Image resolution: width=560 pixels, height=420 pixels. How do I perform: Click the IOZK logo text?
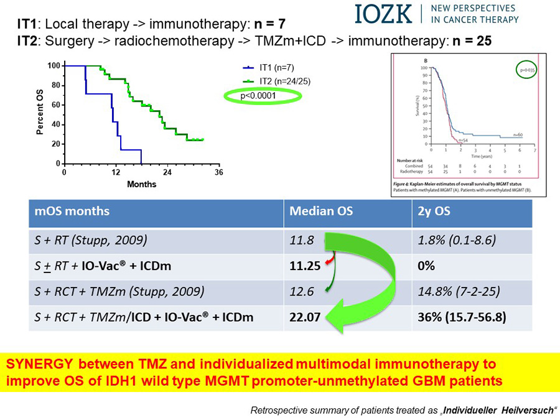(x=383, y=14)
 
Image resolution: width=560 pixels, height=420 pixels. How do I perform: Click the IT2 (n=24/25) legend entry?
(x=285, y=81)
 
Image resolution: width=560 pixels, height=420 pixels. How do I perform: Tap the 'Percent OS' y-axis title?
(x=40, y=114)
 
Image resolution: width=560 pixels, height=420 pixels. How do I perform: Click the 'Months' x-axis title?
(x=142, y=184)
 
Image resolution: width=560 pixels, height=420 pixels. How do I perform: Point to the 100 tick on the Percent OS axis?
(x=54, y=65)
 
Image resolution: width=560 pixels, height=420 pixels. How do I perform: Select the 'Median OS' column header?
(x=321, y=211)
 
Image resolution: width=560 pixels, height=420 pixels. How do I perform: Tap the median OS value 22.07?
(x=305, y=317)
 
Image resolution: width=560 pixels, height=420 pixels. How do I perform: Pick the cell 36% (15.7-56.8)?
(x=461, y=317)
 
